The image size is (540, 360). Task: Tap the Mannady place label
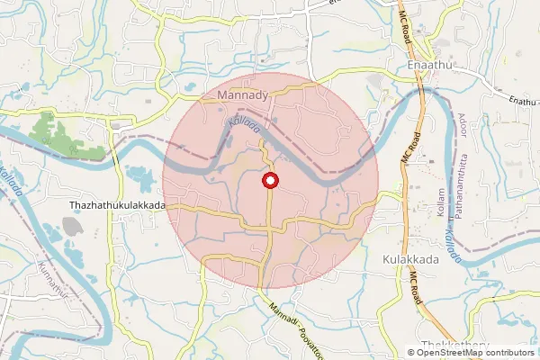pyautogui.click(x=239, y=94)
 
